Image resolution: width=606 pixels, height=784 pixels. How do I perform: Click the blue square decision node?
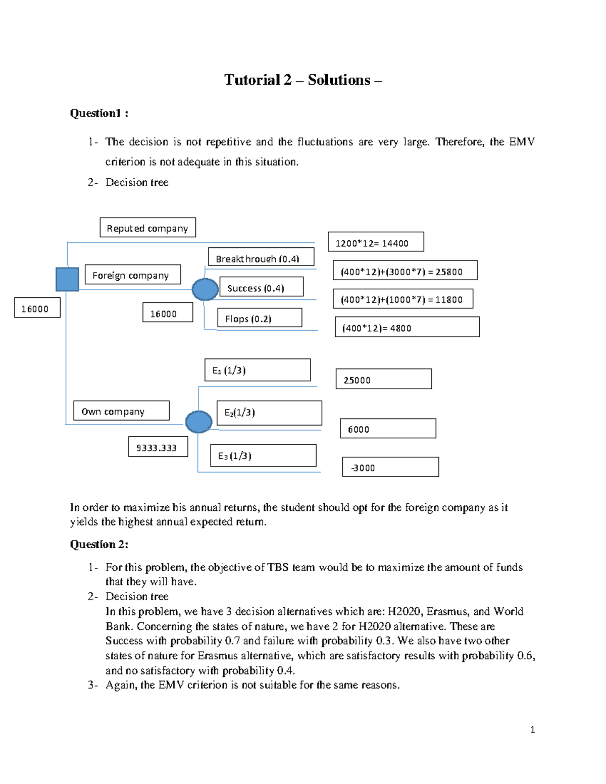[x=67, y=279]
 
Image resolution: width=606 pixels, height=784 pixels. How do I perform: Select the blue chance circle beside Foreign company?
[x=205, y=289]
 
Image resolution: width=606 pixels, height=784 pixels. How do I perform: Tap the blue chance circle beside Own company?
[x=198, y=422]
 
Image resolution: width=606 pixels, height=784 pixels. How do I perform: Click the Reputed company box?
[x=147, y=228]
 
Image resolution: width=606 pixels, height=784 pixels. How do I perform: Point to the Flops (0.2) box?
[x=260, y=318]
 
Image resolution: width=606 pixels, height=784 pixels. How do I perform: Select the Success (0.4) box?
[x=261, y=287]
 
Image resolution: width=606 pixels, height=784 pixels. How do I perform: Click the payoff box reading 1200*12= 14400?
[x=376, y=242]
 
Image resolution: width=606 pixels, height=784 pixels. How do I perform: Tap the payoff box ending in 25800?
[x=405, y=271]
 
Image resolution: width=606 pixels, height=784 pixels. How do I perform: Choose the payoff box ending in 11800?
[x=403, y=299]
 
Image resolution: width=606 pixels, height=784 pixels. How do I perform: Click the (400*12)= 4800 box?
[x=407, y=327]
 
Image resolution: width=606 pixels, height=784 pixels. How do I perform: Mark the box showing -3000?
[x=390, y=467]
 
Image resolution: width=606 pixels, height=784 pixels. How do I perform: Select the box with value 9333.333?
[x=158, y=447]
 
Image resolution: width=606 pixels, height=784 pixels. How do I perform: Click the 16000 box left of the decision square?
[x=37, y=307]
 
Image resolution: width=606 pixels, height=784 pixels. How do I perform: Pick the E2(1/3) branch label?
[x=269, y=413]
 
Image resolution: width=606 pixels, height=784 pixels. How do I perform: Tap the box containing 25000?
[x=383, y=379]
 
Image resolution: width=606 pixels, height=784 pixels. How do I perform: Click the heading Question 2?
[x=99, y=544]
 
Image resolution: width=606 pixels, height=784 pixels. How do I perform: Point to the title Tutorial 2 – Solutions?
[x=302, y=80]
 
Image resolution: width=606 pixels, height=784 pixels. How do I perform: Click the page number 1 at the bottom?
[x=532, y=729]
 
